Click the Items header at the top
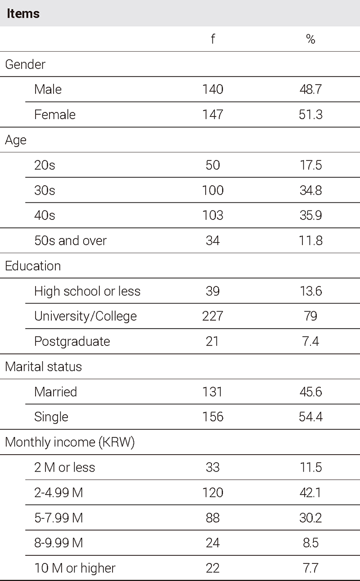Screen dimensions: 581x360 tap(23, 13)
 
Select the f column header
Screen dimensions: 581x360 tap(212, 39)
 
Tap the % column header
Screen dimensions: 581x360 tap(310, 39)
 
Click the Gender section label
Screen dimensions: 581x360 tap(25, 64)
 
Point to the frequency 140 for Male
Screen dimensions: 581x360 tap(212, 89)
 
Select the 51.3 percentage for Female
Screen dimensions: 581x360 tap(310, 115)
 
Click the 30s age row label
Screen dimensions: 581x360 tap(45, 190)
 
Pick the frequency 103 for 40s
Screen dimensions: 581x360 tap(212, 215)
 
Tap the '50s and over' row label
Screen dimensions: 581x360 tap(70, 241)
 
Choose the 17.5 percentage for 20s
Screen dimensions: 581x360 tap(310, 165)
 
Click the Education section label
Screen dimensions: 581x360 tap(33, 266)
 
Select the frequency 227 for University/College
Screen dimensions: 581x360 tap(212, 316)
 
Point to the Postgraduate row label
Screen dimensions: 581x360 tap(72, 341)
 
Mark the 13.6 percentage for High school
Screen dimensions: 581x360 tap(310, 291)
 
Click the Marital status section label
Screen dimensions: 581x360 tap(44, 366)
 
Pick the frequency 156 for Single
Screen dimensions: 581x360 tap(212, 417)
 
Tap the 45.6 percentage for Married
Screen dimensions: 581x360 tap(310, 392)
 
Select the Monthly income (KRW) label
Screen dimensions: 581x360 tap(70, 442)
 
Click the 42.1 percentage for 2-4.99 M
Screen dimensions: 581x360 tap(310, 492)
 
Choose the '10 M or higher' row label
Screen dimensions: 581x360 tap(75, 568)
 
